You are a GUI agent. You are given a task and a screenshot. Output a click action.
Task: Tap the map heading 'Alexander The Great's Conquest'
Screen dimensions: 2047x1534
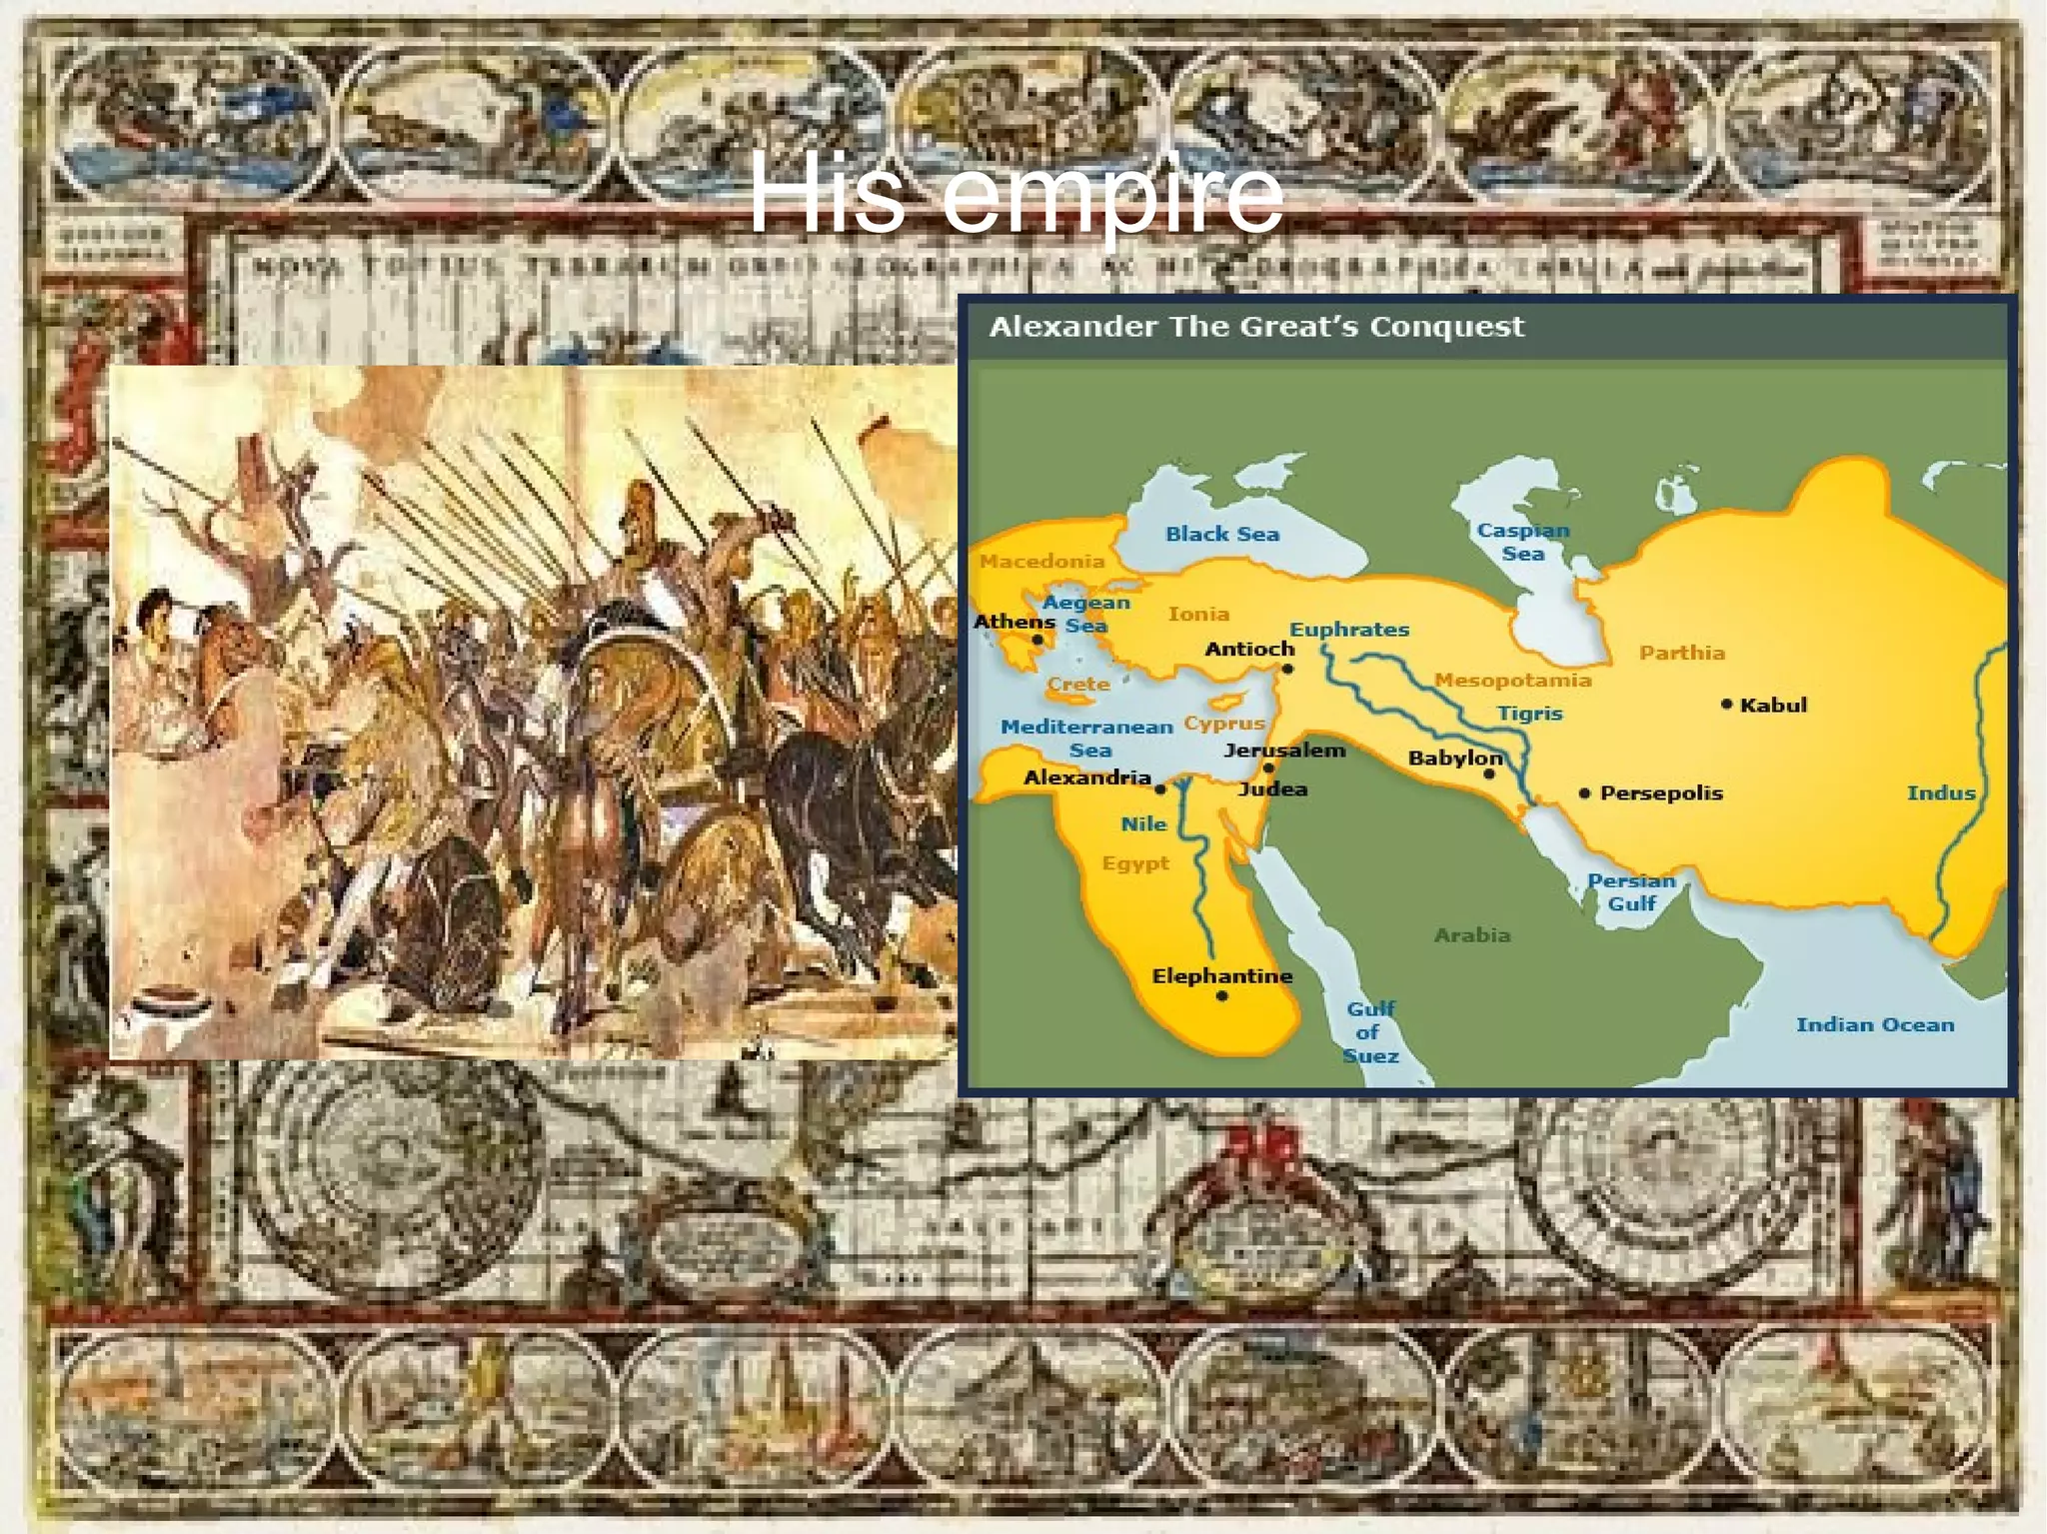coord(1256,327)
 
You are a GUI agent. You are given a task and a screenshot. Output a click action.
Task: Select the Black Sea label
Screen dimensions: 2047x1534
coord(1221,535)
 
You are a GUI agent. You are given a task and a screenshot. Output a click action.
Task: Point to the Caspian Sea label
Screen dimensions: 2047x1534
coord(1522,542)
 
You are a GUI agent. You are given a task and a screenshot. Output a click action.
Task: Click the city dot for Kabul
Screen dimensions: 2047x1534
coord(1726,705)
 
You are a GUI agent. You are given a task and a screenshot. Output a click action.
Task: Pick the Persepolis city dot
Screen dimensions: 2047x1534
coord(1584,793)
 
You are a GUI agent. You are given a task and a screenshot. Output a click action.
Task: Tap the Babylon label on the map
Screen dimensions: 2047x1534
coord(1454,758)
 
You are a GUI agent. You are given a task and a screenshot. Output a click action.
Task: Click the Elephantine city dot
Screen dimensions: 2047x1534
coord(1221,996)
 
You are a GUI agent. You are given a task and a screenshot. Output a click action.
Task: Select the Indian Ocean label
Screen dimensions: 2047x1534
coord(1874,1024)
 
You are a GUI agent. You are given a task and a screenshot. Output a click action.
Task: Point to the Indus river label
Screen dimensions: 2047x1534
coord(1940,793)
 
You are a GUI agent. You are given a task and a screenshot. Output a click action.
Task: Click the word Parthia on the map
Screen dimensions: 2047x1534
coord(1681,653)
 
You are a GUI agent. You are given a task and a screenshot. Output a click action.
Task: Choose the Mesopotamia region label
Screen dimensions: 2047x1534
coord(1512,681)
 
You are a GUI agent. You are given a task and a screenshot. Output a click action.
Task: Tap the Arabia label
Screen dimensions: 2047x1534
coord(1471,935)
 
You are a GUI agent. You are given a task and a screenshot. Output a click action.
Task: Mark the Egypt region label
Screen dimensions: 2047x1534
coord(1134,863)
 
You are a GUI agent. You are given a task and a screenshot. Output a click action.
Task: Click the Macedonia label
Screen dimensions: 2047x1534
coord(1041,562)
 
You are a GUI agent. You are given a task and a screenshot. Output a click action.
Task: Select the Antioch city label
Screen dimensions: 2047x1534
coord(1249,649)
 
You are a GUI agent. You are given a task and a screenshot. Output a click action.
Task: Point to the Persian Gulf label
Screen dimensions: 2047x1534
coord(1631,891)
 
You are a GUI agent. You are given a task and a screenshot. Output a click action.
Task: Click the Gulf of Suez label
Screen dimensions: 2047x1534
coord(1370,1032)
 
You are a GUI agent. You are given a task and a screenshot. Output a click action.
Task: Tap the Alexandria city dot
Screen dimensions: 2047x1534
coord(1160,789)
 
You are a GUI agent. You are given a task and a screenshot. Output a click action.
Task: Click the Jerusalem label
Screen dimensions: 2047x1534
coord(1284,750)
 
